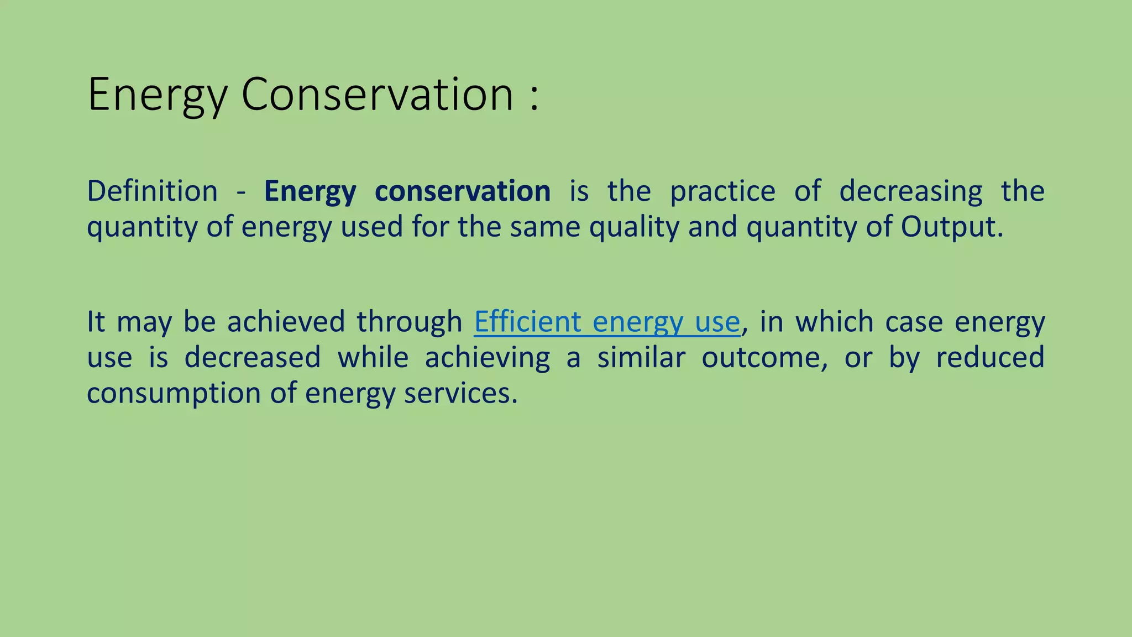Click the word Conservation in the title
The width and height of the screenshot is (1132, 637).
pyautogui.click(x=378, y=95)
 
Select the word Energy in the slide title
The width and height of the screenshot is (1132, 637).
pyautogui.click(x=157, y=95)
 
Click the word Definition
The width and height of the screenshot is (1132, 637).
pyautogui.click(x=153, y=191)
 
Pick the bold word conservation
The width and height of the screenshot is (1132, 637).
pyautogui.click(x=463, y=191)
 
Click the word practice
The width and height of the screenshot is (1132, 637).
pyautogui.click(x=723, y=191)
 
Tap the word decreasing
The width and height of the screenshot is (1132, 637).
pyautogui.click(x=911, y=191)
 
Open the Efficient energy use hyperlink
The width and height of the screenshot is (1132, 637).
pyautogui.click(x=606, y=322)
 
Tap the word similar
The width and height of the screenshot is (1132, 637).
pyautogui.click(x=641, y=357)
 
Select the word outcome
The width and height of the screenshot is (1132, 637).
pyautogui.click(x=764, y=357)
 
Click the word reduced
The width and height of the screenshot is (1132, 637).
pyautogui.click(x=990, y=357)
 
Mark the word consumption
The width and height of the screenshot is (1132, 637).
pyautogui.click(x=174, y=394)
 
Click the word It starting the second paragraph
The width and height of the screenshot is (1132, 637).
pyautogui.click(x=96, y=322)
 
